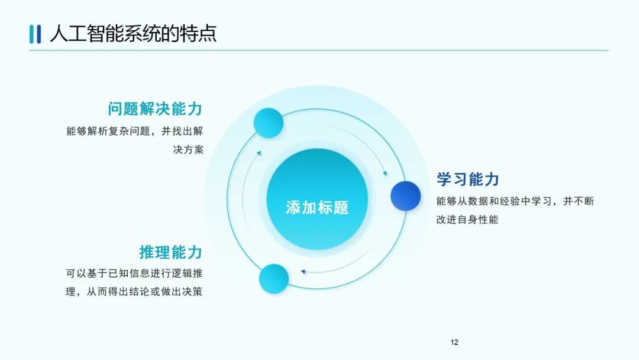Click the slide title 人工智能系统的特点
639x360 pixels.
click(x=133, y=33)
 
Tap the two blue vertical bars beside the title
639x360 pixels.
click(x=35, y=34)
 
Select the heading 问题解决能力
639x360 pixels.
click(x=156, y=109)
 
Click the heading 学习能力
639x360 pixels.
click(x=468, y=179)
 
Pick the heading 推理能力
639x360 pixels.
click(x=171, y=252)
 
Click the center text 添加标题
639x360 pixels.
click(x=317, y=207)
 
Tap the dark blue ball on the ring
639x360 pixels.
click(x=405, y=196)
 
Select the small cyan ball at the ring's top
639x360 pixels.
click(x=269, y=124)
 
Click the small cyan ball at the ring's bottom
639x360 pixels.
click(x=274, y=279)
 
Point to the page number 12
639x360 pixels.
click(x=454, y=342)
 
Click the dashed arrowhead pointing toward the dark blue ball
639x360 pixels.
click(x=385, y=173)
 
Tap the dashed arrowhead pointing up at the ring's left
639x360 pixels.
click(x=259, y=153)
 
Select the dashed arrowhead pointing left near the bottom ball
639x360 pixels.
click(x=303, y=272)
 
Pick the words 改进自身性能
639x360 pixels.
click(x=467, y=220)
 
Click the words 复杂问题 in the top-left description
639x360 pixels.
click(x=138, y=131)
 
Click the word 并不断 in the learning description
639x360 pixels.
click(x=578, y=201)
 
